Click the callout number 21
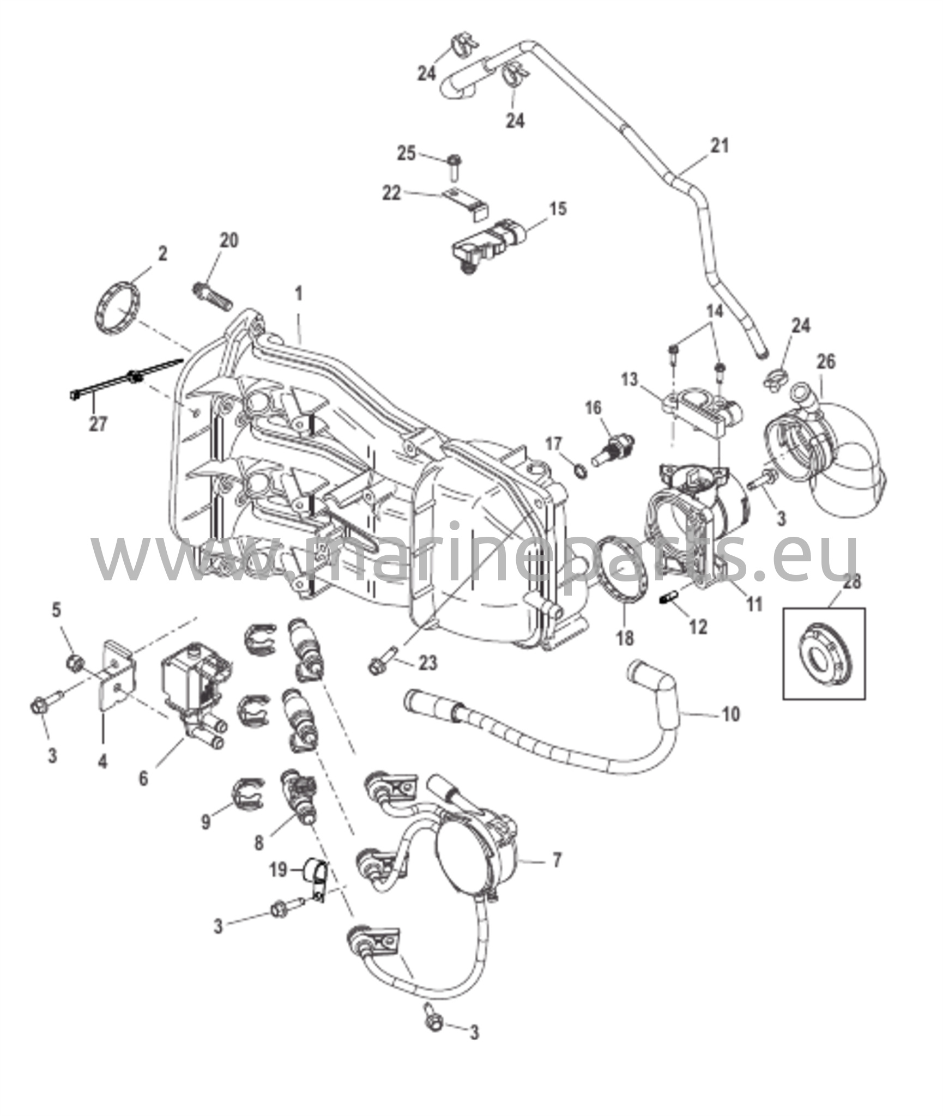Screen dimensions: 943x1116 [x=720, y=146]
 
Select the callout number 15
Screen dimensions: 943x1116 [x=558, y=209]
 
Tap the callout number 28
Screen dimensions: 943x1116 [x=852, y=581]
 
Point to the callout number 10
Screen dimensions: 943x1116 [x=731, y=713]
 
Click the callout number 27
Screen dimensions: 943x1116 [x=98, y=423]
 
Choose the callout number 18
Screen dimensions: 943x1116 [x=625, y=638]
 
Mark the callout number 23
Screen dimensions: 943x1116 [x=428, y=663]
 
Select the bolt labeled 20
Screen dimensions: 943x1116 [x=212, y=295]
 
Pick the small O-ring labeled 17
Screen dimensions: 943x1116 [x=581, y=469]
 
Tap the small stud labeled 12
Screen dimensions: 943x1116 [x=669, y=599]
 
